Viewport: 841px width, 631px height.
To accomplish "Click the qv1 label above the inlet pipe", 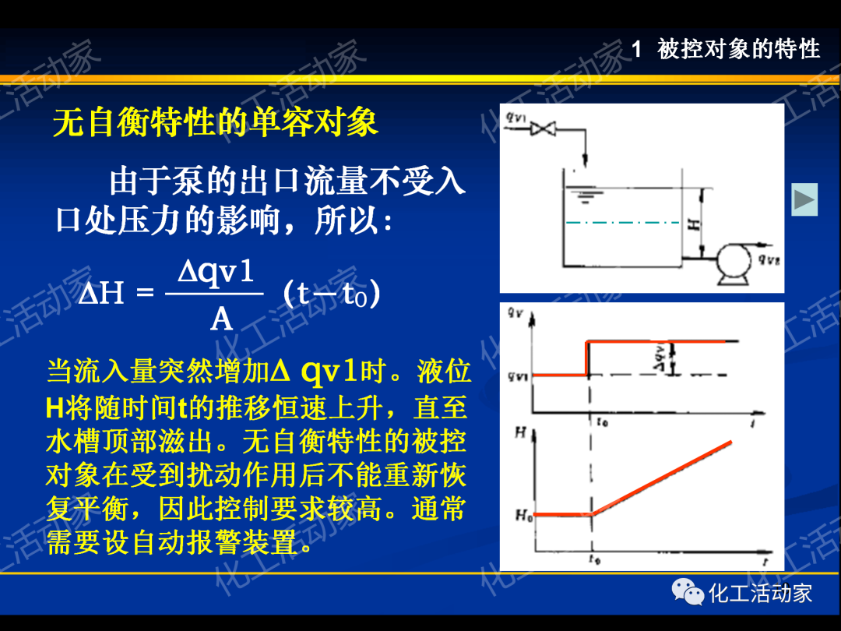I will click(516, 118).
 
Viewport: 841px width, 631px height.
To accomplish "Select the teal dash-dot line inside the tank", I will click(622, 223).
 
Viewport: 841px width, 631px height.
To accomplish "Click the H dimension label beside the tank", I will click(692, 223).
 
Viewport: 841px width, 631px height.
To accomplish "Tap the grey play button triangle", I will click(804, 200).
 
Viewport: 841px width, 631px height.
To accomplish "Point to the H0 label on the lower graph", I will click(523, 515).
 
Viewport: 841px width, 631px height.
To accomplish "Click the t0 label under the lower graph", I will click(594, 559).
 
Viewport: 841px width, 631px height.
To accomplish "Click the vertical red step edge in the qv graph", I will click(586, 358).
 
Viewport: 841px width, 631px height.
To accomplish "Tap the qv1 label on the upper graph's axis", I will click(517, 376).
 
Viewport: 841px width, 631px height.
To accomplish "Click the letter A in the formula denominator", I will click(221, 318).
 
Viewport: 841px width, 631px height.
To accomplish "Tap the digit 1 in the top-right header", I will click(636, 50).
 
